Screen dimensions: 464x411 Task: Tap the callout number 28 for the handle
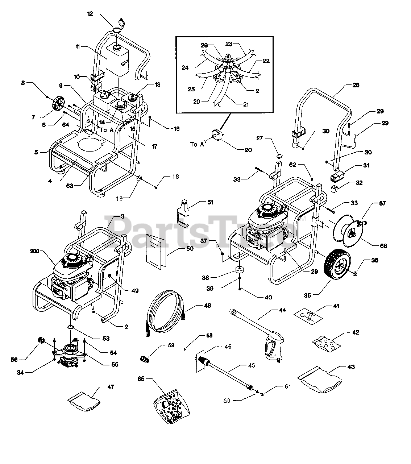click(356, 85)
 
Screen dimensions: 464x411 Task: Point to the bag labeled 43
click(320, 378)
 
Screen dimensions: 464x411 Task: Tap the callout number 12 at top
click(90, 14)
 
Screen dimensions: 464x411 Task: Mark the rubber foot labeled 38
click(239, 270)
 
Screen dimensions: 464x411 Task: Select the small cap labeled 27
click(279, 156)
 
